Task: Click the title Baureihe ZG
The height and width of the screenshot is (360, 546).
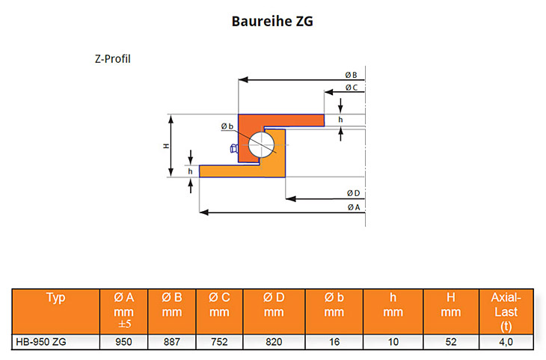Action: pos(272,21)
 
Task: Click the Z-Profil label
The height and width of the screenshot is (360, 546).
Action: pos(113,59)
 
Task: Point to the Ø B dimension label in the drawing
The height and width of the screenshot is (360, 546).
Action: pos(351,75)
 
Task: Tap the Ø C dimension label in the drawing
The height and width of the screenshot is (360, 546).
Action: pos(352,88)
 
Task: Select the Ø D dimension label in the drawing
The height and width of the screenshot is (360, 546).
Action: pos(353,193)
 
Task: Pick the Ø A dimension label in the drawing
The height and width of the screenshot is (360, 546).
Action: pos(354,207)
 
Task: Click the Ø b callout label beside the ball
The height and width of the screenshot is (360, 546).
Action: pos(227,126)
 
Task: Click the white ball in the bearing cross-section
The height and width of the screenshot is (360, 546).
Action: pos(262,144)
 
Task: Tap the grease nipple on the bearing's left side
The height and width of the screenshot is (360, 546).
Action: pos(234,149)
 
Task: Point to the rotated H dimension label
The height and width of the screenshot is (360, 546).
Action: pos(166,146)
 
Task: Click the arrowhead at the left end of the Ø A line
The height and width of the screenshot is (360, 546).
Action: pos(203,213)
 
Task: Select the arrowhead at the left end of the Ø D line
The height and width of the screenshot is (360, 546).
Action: pos(290,198)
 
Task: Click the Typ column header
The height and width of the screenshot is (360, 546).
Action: pos(55,298)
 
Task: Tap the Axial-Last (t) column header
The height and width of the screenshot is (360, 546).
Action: pos(506,311)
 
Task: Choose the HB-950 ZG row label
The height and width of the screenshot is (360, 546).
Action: pos(41,342)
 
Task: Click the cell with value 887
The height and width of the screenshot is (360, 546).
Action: pos(172,342)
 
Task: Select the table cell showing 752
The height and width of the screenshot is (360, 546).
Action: pos(219,342)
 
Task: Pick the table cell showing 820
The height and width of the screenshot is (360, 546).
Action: pos(274,342)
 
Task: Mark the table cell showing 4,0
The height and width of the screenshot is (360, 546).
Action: pos(506,342)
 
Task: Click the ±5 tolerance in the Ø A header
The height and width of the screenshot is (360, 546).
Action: pos(124,324)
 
